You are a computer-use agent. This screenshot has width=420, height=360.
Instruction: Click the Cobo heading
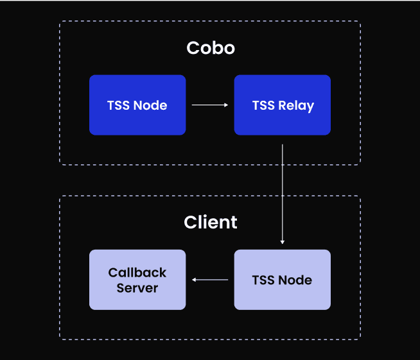210,48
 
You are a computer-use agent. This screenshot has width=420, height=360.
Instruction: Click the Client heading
210,222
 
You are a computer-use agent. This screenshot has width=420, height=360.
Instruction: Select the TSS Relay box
282,105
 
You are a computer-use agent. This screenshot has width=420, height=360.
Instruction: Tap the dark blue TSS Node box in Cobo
137,105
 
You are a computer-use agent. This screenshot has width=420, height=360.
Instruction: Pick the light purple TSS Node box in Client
282,280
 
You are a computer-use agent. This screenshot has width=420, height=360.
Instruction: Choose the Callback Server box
137,280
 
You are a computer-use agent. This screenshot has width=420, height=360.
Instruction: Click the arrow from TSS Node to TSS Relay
210,105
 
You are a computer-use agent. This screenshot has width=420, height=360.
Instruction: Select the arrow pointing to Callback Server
210,280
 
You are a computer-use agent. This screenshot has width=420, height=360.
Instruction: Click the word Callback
137,273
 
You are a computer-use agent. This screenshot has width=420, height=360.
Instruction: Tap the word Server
137,287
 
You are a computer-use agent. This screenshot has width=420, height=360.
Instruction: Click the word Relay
296,105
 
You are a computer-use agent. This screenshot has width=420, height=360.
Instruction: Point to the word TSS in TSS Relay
263,105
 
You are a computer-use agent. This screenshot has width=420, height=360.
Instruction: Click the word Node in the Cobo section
151,105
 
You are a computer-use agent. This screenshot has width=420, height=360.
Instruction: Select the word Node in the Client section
296,280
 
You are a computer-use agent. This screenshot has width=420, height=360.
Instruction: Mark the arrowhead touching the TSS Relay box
226,105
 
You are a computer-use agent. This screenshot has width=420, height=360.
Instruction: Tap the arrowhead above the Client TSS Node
283,242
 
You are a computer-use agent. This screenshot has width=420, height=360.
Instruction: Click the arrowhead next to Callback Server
195,280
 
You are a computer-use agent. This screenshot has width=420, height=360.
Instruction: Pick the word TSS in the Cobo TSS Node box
119,105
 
